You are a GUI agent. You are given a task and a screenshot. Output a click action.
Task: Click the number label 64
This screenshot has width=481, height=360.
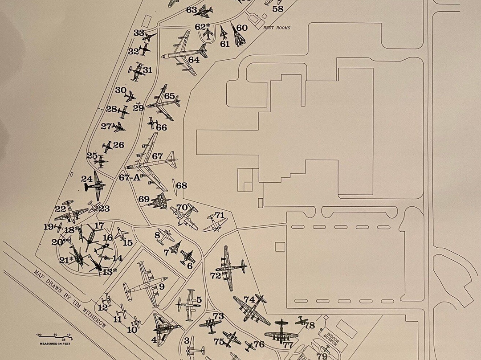click(194, 60)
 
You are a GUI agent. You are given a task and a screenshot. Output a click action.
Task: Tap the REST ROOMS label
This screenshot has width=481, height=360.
click(277, 28)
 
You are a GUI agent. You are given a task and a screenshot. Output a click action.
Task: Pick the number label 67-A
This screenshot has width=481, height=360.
click(130, 177)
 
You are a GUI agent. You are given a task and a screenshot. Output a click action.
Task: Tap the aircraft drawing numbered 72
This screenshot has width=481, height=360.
click(230, 267)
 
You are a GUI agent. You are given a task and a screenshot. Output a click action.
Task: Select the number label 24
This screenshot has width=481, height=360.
click(87, 179)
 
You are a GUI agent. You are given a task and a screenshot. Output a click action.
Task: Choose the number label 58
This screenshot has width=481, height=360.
click(277, 8)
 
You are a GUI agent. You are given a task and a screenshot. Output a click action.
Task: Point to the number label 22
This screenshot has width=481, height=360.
click(61, 209)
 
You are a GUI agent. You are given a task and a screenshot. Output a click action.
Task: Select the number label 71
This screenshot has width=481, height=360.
click(220, 215)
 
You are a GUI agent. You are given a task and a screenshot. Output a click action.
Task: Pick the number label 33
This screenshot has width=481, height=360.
click(139, 33)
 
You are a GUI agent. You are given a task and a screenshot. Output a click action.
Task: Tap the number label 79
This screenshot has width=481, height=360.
click(322, 356)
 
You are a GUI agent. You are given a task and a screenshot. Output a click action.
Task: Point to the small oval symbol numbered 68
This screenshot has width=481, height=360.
click(173, 184)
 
